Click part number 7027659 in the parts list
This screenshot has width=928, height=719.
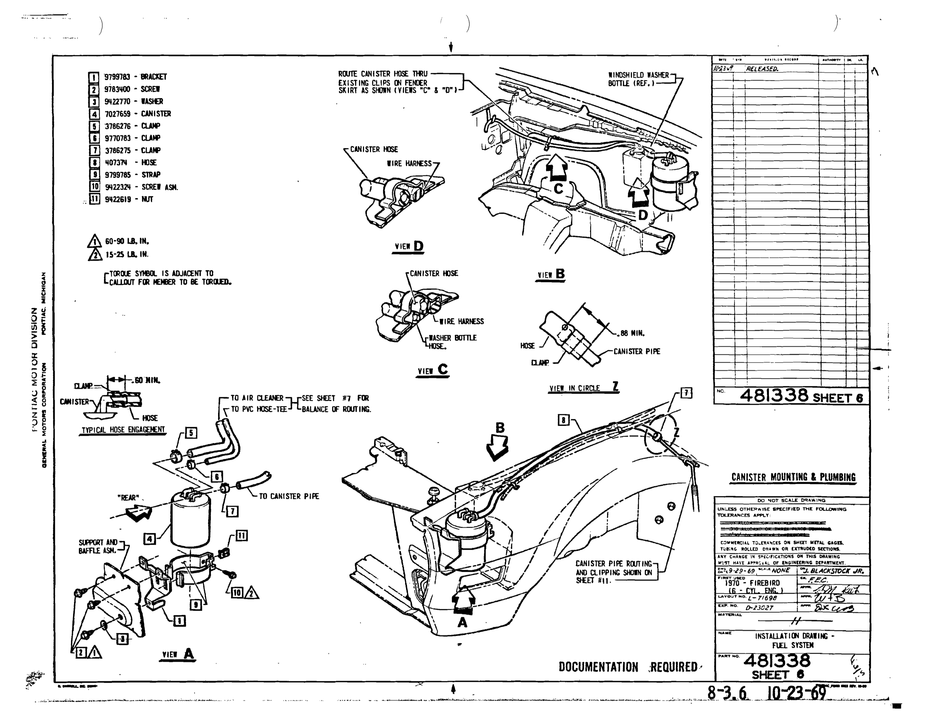[118, 114]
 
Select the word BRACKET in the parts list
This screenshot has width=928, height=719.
[154, 77]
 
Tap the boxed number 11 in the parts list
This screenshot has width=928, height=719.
[94, 199]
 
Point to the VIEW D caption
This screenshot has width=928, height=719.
[409, 246]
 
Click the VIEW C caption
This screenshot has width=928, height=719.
[433, 370]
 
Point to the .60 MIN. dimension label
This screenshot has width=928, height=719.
[146, 380]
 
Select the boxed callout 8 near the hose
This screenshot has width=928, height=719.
[563, 420]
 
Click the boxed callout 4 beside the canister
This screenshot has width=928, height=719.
[150, 539]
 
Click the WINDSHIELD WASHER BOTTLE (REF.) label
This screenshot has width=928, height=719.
[638, 79]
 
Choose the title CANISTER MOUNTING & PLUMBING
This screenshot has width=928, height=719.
[793, 477]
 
